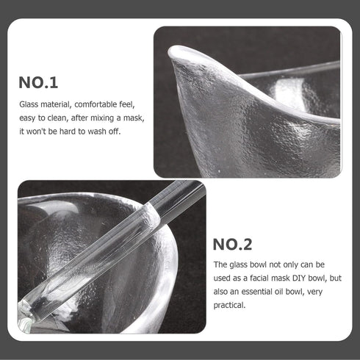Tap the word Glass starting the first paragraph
pyautogui.click(x=31, y=105)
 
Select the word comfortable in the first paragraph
pyautogui.click(x=93, y=105)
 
